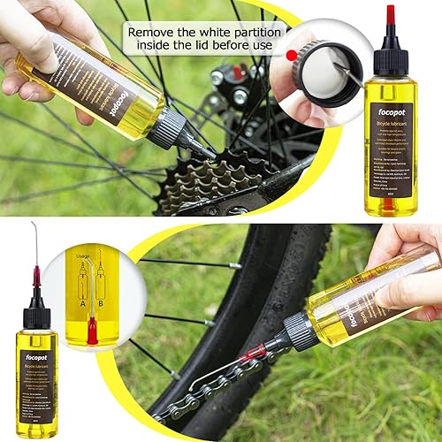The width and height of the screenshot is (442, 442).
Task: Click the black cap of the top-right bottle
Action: coord(390,60)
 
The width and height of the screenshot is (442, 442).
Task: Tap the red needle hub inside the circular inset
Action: coord(92,331)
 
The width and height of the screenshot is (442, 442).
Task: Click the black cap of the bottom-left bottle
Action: coord(36,314)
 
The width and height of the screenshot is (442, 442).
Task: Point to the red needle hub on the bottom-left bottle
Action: coord(36,278)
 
